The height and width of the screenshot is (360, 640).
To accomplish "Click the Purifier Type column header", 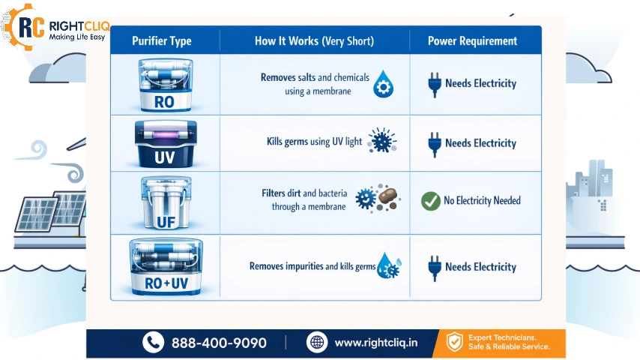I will (x=161, y=41).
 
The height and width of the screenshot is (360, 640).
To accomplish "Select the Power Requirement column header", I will (x=472, y=41).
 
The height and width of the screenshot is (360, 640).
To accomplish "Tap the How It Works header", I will (x=314, y=41).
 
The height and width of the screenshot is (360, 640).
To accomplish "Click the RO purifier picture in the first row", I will (x=164, y=85).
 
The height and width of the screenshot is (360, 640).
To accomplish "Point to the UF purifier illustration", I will (x=164, y=201).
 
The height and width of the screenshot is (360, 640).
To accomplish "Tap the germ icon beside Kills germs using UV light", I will (x=382, y=141).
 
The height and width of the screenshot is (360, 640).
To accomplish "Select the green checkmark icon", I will (x=430, y=201).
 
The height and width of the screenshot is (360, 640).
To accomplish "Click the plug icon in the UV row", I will (x=432, y=142).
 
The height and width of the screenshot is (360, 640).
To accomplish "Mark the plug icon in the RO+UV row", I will (x=432, y=266).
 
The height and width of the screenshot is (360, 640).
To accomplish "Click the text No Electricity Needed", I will (x=482, y=201).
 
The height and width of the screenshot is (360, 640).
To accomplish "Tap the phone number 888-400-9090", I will (x=219, y=343).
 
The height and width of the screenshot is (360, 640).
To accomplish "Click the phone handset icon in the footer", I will (x=153, y=343).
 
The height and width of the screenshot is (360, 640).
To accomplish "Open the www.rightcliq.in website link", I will (x=375, y=343).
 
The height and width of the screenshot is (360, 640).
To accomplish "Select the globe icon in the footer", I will (x=317, y=343).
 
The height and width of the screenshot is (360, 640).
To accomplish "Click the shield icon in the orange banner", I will (x=454, y=343).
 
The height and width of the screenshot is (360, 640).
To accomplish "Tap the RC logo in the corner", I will (x=19, y=28).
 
